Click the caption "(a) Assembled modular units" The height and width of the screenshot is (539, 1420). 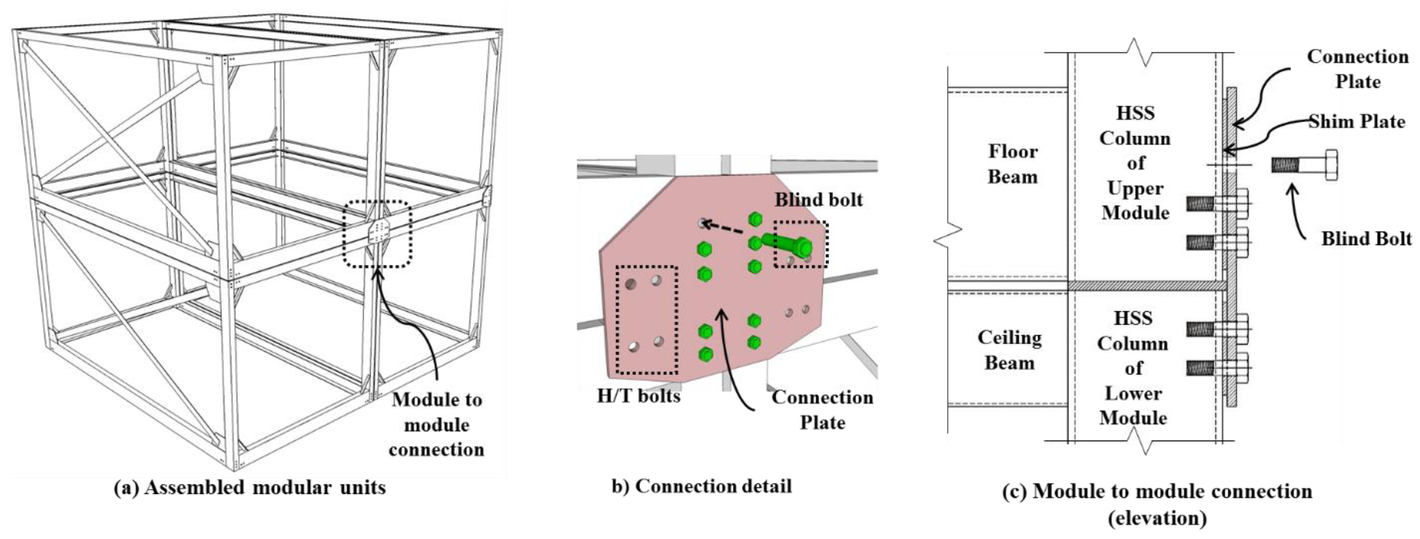[x=250, y=488]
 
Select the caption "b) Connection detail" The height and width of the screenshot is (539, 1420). [x=702, y=486]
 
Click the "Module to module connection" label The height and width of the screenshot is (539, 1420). [x=437, y=425]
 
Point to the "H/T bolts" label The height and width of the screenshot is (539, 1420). [x=638, y=396]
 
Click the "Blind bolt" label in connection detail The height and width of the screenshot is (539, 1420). [x=818, y=200]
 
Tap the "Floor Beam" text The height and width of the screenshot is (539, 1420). [x=1012, y=164]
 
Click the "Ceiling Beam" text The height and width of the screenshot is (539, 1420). [x=1009, y=350]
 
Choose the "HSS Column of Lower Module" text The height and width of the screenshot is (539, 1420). [x=1133, y=368]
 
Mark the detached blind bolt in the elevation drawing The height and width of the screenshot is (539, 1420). [x=1304, y=165]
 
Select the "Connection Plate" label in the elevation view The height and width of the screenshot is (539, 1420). [x=1357, y=69]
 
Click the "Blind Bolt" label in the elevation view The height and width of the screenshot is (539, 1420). [x=1366, y=239]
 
